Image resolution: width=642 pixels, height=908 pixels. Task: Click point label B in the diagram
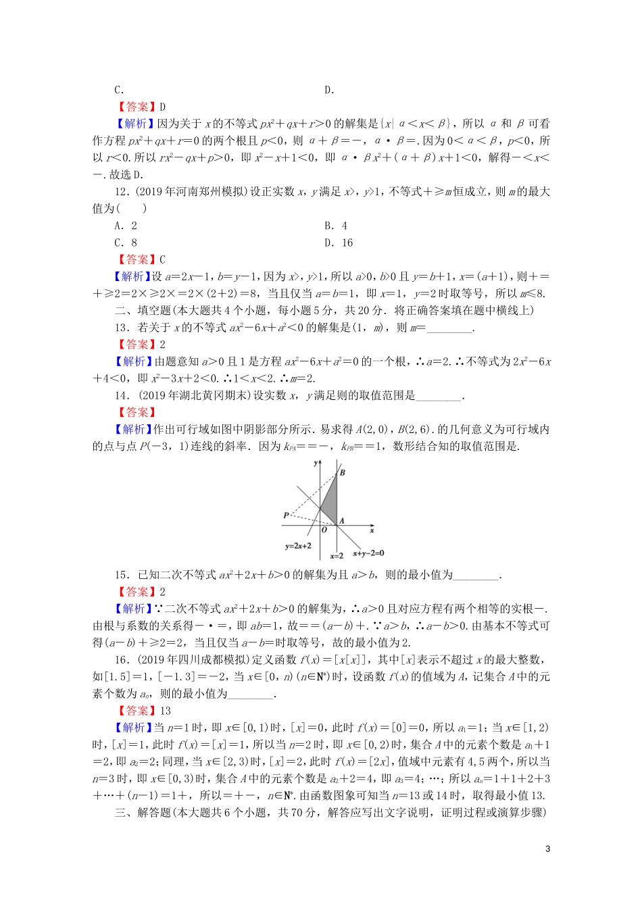pyautogui.click(x=343, y=472)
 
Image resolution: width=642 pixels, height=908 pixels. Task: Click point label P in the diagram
pyautogui.click(x=286, y=515)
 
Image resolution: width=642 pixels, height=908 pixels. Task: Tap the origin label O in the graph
pyautogui.click(x=324, y=531)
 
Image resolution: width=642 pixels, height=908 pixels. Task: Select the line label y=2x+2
pyautogui.click(x=298, y=546)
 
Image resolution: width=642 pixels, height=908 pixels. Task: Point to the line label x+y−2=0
pyautogui.click(x=368, y=553)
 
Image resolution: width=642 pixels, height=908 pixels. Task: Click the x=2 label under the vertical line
pyautogui.click(x=337, y=556)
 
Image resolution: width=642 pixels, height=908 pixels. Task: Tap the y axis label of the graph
pyautogui.click(x=316, y=463)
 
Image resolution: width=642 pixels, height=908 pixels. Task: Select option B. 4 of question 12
pyautogui.click(x=336, y=226)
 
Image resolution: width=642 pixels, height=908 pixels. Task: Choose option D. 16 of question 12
pyautogui.click(x=339, y=243)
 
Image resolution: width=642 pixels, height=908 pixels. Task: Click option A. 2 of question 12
pyautogui.click(x=126, y=226)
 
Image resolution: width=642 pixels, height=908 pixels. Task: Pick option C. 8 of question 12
pyautogui.click(x=126, y=243)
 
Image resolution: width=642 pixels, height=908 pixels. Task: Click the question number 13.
pyautogui.click(x=122, y=328)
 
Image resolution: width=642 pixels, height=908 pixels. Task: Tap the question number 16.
pyautogui.click(x=122, y=660)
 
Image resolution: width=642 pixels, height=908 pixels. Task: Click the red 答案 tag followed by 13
pyautogui.click(x=137, y=711)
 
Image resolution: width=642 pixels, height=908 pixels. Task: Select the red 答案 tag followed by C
pyautogui.click(x=137, y=259)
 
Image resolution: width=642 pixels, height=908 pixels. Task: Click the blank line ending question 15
pyautogui.click(x=476, y=576)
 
